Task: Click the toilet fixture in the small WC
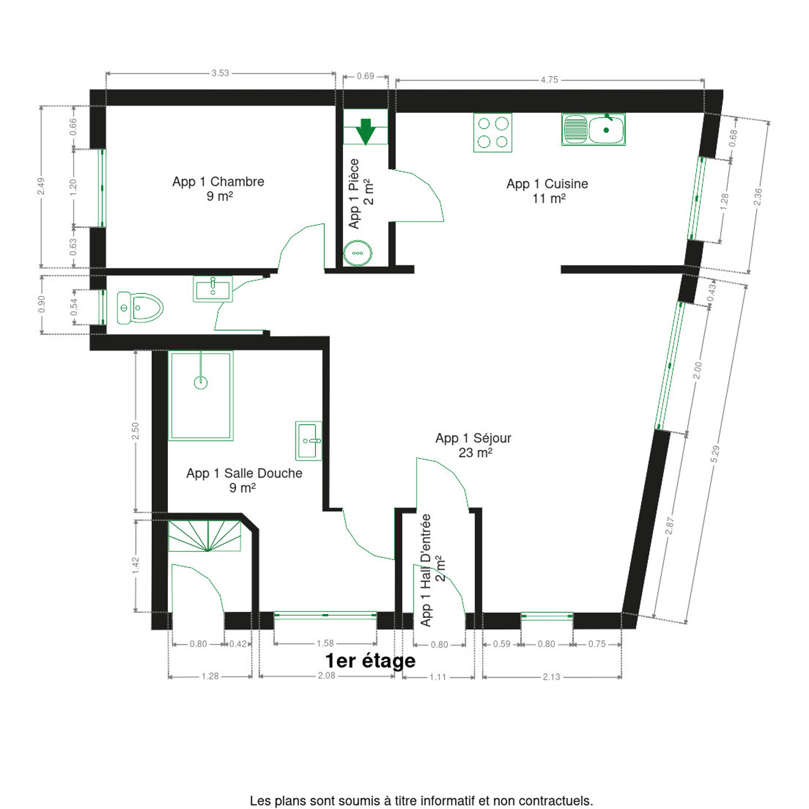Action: pos(140,308)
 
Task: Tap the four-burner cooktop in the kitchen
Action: pos(493,132)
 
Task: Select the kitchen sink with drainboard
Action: pos(593,129)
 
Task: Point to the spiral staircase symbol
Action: pos(204,536)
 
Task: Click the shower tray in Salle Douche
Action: pos(201,396)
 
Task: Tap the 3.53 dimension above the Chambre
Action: pos(220,73)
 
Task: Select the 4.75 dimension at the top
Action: pos(549,80)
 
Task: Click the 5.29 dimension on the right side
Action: pos(715,454)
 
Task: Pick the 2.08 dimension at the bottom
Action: pos(326,675)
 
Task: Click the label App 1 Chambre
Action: pos(219,181)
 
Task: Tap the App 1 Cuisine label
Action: pos(547,184)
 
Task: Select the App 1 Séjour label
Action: pos(473,438)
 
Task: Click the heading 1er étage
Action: pos(370,660)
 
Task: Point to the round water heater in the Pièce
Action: pos(358,253)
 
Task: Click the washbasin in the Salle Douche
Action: pos(308,441)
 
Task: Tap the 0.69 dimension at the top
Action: pos(365,76)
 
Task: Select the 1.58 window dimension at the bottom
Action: pos(325,643)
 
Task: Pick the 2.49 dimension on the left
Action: pos(40,187)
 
